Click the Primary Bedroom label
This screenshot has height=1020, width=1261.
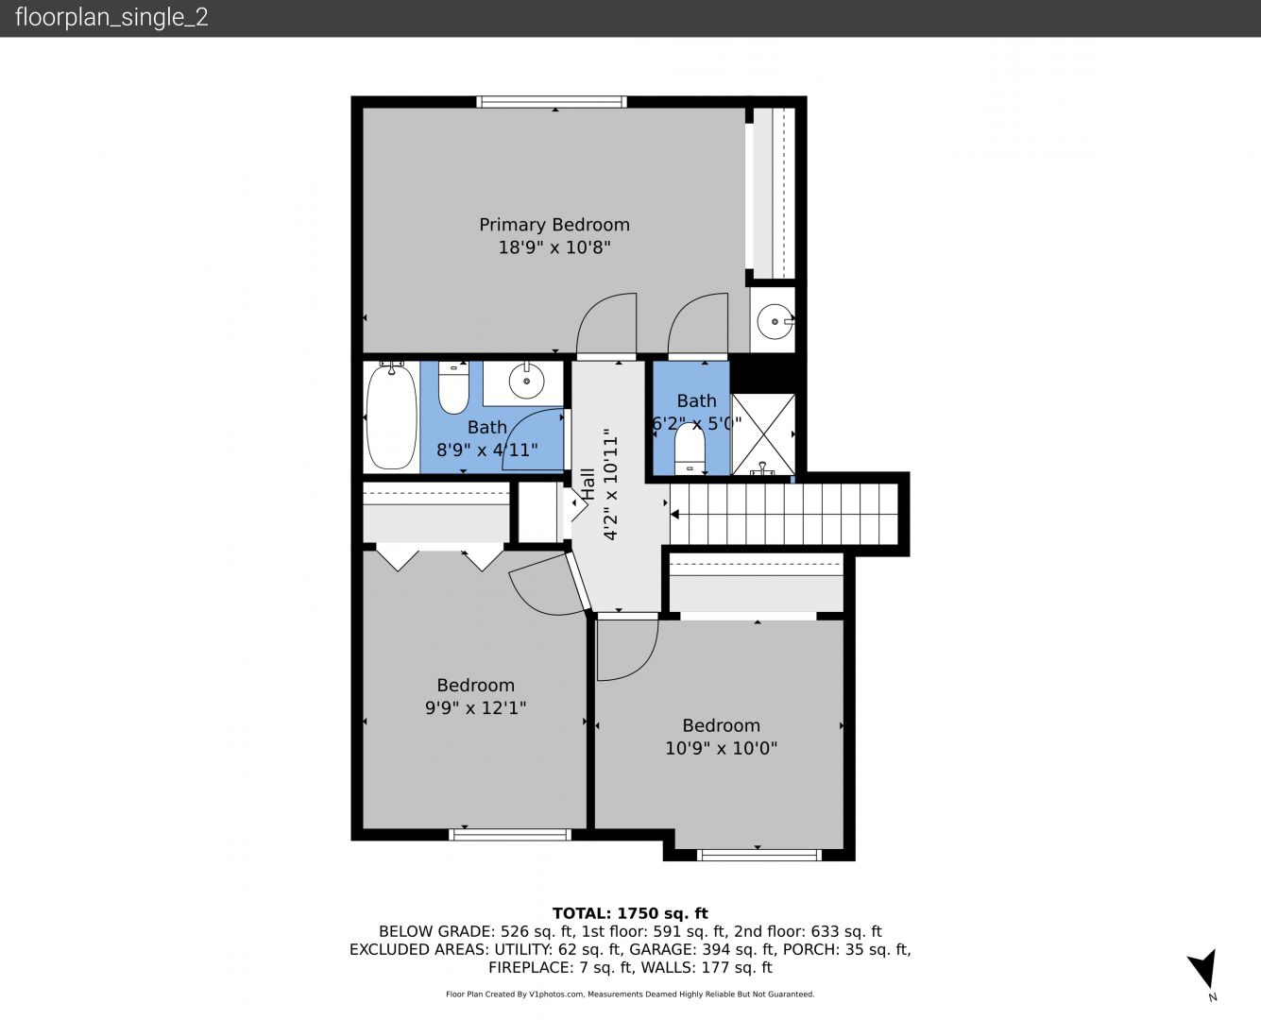tap(554, 225)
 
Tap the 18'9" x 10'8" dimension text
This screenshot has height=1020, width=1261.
tap(554, 246)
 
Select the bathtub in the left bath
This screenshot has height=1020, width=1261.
tap(391, 416)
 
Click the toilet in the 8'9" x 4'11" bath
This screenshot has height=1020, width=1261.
tap(453, 388)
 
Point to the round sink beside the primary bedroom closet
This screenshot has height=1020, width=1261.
tap(775, 321)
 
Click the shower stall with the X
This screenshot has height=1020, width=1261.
tap(764, 434)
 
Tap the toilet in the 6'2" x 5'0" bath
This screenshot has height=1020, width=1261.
tap(690, 448)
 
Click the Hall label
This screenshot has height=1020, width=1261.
tap(588, 484)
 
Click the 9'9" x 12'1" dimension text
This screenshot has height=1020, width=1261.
tap(475, 707)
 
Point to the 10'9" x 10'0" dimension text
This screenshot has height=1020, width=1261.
tap(721, 748)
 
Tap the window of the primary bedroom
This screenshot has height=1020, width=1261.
tap(552, 102)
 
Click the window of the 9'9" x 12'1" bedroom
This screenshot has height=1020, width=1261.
tap(510, 835)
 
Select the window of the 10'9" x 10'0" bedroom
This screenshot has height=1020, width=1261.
tap(759, 855)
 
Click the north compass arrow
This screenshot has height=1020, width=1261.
tap(1204, 969)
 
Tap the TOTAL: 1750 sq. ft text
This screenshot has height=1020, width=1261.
tap(630, 913)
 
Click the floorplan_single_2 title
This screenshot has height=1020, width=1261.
tap(111, 18)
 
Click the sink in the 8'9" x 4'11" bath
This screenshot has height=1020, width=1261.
tap(526, 381)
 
